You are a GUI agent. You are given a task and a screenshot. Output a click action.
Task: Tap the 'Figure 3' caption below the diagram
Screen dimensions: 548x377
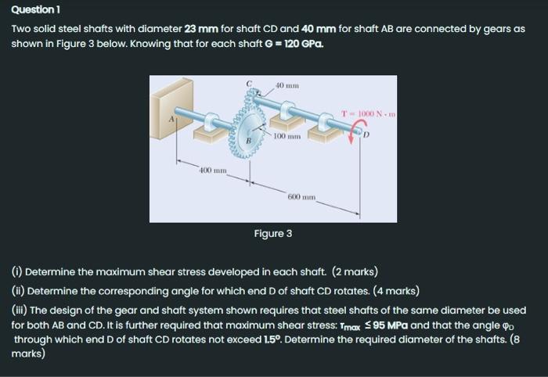point(273,234)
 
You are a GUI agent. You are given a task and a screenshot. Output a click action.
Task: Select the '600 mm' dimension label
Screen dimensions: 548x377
point(301,196)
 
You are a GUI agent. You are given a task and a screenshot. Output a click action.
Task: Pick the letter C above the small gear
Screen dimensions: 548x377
point(250,82)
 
